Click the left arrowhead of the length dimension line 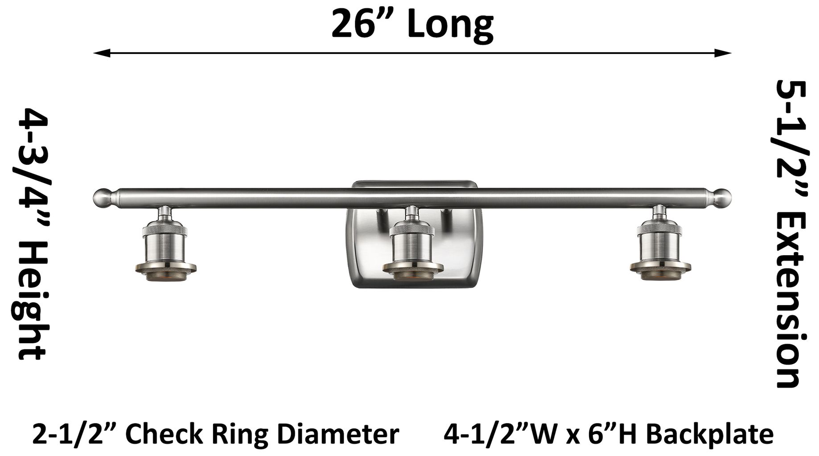[102, 53]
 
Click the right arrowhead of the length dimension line [723, 53]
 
